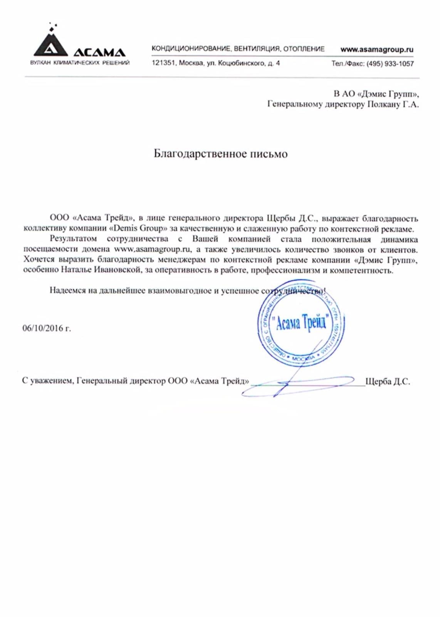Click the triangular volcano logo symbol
point(50,44)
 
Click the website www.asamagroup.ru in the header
point(376,49)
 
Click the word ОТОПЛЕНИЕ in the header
point(304,49)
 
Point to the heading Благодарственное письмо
point(220,154)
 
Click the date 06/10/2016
point(43,329)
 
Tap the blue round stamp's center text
point(301,322)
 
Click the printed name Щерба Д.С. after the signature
point(387,381)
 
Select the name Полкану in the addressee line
point(384,104)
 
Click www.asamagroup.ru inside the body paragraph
point(153,249)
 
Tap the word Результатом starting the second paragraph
point(73,239)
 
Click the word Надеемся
point(67,290)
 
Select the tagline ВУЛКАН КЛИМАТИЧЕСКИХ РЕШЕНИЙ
point(80,63)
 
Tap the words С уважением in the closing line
point(47,381)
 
